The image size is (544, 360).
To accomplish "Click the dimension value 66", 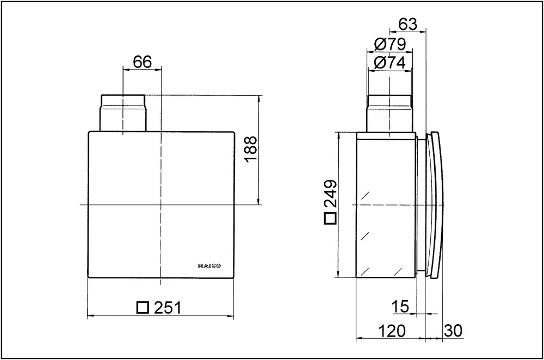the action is click(143, 62).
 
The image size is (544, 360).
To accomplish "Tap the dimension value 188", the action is click(250, 149).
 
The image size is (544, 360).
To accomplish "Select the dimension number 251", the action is click(168, 308).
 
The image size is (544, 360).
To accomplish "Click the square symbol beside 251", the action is click(143, 308).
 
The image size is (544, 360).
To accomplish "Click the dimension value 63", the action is click(407, 24).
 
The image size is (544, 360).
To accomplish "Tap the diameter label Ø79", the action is click(390, 44).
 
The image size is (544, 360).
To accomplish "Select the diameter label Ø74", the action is click(390, 63).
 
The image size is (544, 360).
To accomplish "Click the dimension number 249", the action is click(330, 193).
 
